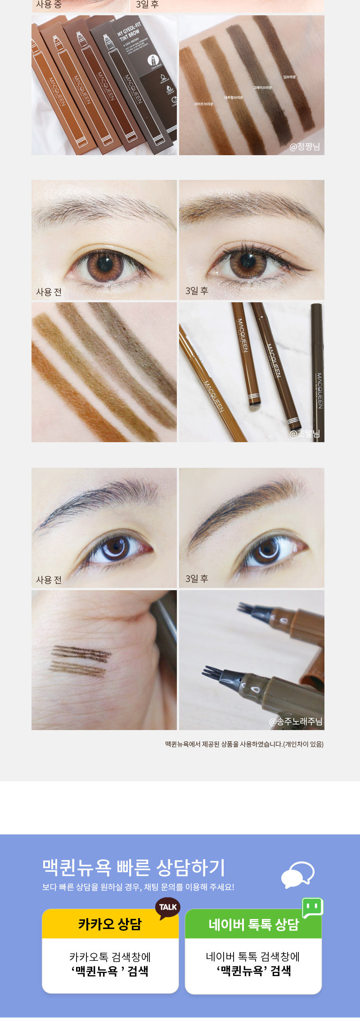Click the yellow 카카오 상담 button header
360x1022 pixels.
tap(110, 924)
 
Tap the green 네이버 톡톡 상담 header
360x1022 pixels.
tap(253, 924)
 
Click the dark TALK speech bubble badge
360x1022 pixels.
tap(168, 907)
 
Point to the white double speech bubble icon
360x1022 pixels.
tap(297, 874)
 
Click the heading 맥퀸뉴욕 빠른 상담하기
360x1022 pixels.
tap(134, 867)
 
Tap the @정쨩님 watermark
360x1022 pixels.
tap(305, 147)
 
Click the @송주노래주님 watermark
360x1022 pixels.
tap(296, 722)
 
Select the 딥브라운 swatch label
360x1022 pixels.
tap(289, 77)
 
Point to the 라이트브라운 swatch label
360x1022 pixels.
tap(204, 104)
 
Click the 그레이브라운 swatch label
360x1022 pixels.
tap(262, 87)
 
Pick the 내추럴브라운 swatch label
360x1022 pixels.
tap(234, 97)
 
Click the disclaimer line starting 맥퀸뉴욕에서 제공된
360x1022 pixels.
tap(244, 744)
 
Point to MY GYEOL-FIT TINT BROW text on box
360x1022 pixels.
tap(129, 32)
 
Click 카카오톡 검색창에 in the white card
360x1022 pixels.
tap(110, 957)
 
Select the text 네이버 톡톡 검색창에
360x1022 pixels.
tap(253, 957)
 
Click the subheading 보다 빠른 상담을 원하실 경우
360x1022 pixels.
tap(138, 888)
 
